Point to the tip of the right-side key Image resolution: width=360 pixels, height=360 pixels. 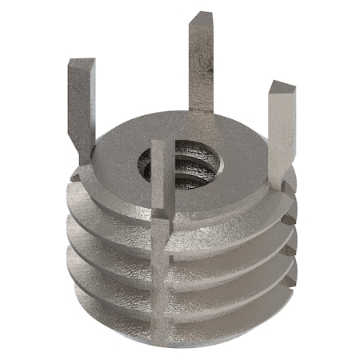tap(282, 86)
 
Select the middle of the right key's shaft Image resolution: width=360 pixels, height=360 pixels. tap(281, 132)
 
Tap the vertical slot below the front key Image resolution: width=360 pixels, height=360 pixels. tap(162, 264)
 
